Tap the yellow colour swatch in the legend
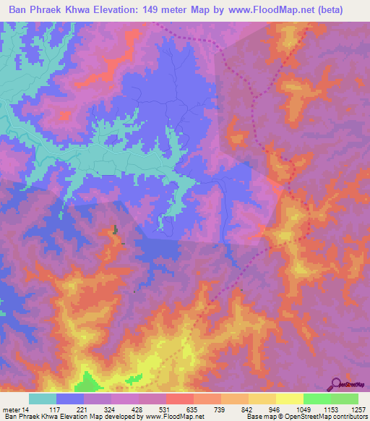289,399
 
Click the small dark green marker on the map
114,231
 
